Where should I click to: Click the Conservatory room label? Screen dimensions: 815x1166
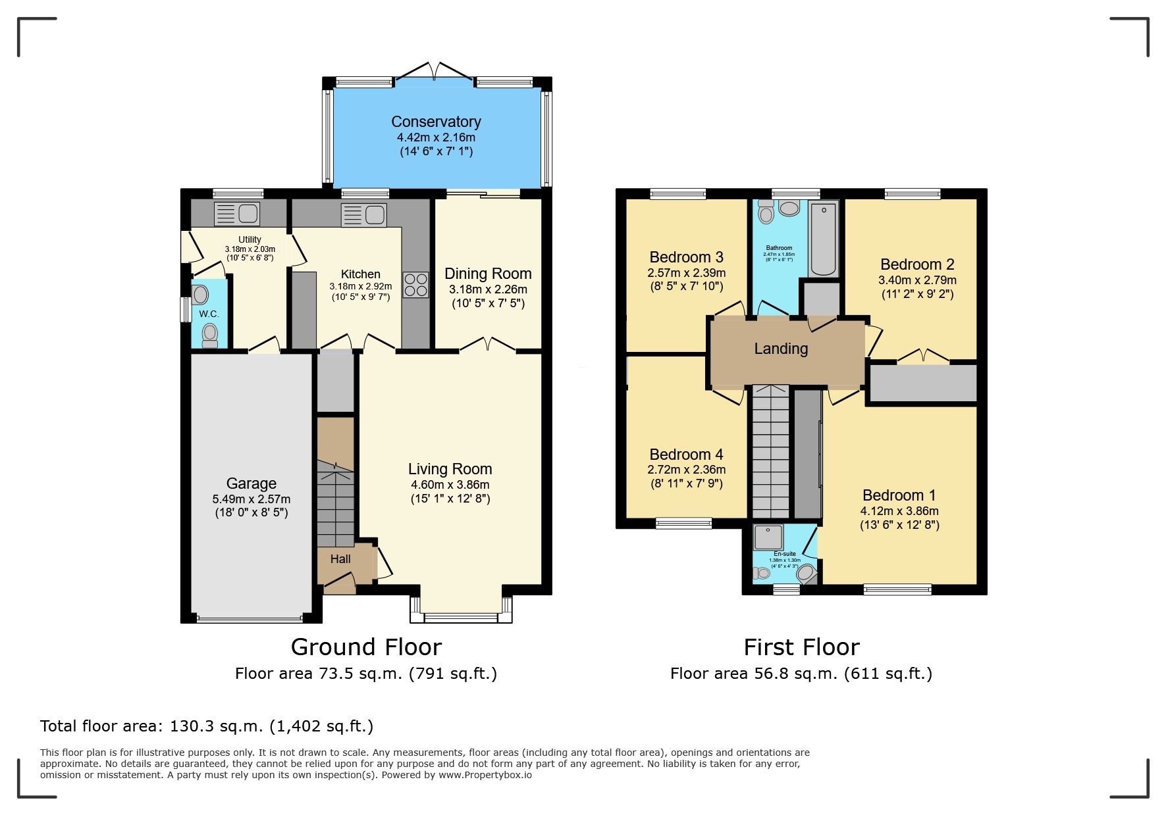[436, 122]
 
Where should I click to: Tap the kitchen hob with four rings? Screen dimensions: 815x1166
[415, 285]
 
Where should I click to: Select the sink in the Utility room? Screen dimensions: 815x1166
[237, 214]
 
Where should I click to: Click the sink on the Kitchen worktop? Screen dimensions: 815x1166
[363, 214]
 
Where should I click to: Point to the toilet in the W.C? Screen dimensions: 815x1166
[209, 334]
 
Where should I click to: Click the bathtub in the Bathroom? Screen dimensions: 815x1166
[823, 239]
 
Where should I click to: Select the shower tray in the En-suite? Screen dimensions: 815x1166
[769, 537]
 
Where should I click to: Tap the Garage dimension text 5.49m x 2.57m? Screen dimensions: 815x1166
[251, 499]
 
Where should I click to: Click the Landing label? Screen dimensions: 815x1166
[781, 349]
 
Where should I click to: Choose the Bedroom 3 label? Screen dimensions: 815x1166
[686, 257]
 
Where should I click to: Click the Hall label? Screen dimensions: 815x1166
[340, 559]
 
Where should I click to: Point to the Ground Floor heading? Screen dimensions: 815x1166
[366, 647]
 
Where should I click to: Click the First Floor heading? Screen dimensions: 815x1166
[801, 647]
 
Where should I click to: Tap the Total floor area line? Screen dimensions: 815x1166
[207, 726]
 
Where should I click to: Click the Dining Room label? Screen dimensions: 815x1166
[488, 274]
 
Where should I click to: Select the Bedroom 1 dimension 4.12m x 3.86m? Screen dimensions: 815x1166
[899, 510]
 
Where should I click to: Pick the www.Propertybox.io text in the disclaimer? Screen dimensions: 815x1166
[485, 775]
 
